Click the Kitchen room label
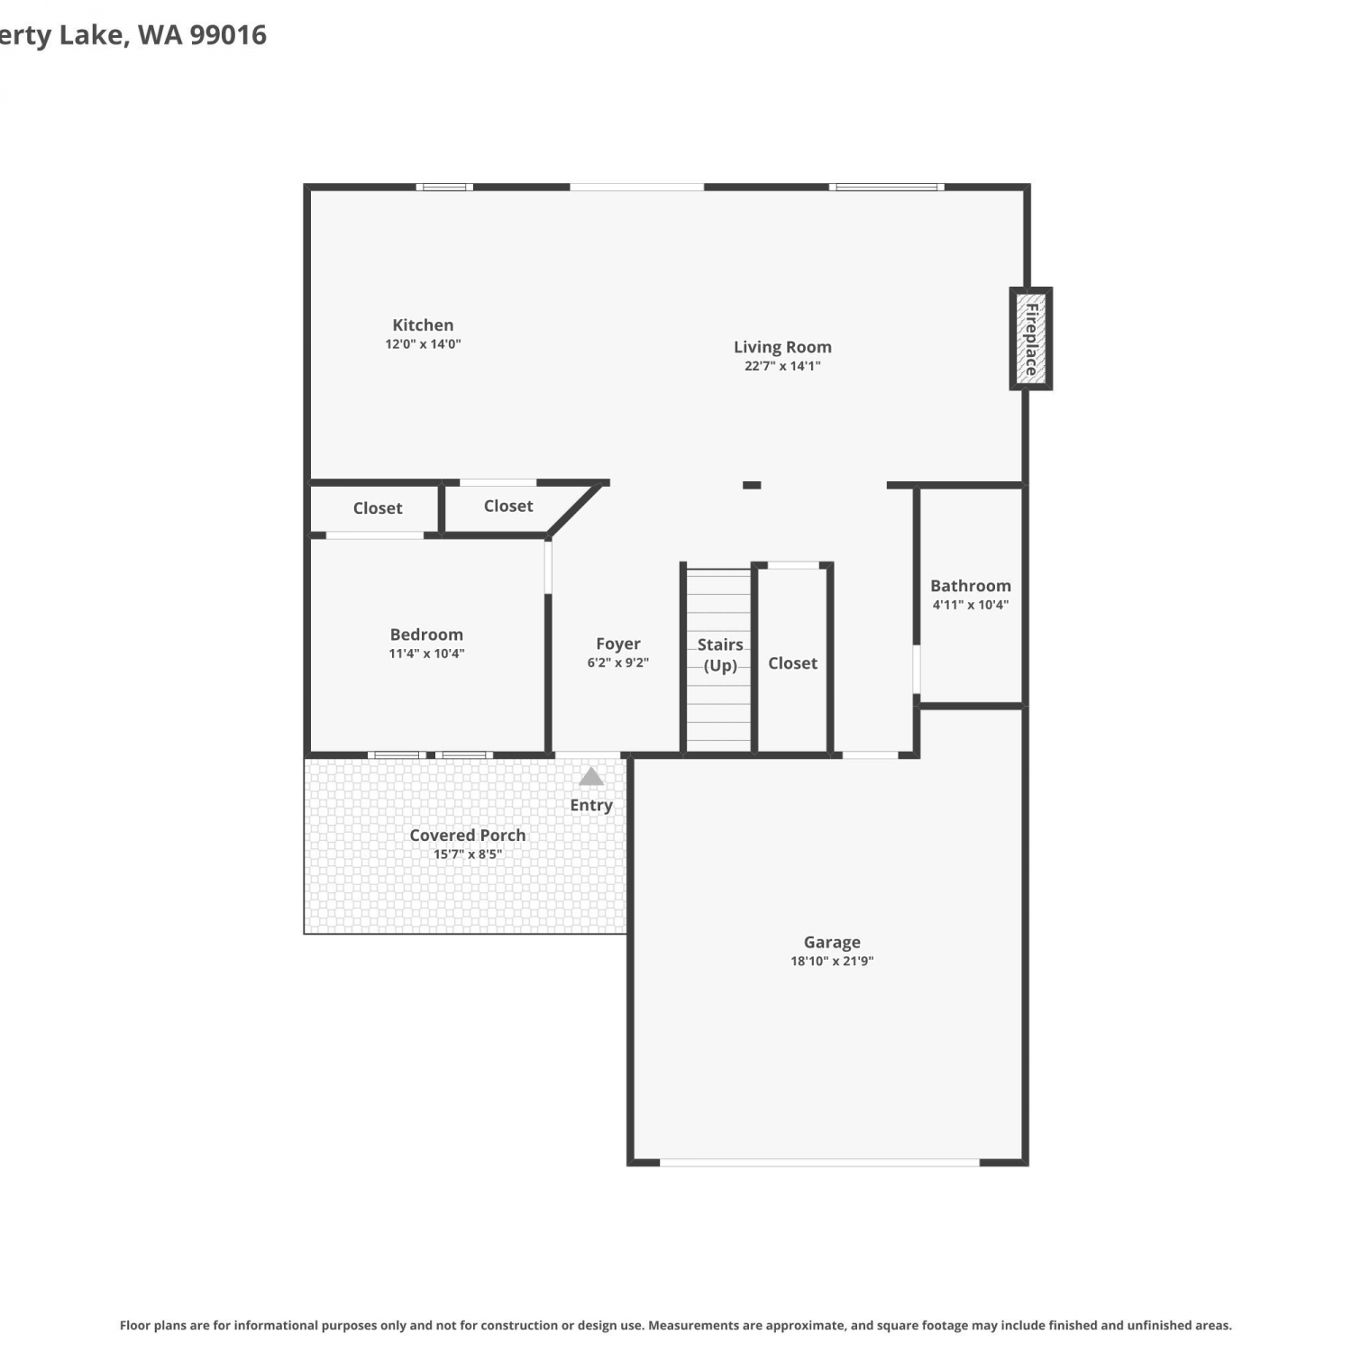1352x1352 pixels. point(423,325)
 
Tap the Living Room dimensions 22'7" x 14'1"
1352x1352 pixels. point(782,366)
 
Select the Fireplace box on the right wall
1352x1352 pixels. point(1031,339)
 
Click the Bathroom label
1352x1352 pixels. point(971,586)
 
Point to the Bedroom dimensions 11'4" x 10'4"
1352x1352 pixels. point(426,653)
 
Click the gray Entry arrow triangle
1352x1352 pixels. point(591,776)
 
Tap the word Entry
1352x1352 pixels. point(591,805)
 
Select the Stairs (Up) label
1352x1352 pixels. point(720,655)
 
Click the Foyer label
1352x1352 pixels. point(618,644)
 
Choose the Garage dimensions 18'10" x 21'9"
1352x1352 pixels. point(832,961)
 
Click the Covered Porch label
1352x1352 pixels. point(468,836)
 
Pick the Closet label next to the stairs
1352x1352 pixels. point(793,663)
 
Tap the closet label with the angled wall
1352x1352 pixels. point(508,507)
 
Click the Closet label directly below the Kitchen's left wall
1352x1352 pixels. point(378,508)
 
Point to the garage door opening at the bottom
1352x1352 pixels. point(819,1163)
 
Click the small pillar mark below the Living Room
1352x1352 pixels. point(752,485)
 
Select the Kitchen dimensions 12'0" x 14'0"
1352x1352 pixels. point(423,344)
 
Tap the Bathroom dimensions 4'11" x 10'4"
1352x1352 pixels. point(971,605)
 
